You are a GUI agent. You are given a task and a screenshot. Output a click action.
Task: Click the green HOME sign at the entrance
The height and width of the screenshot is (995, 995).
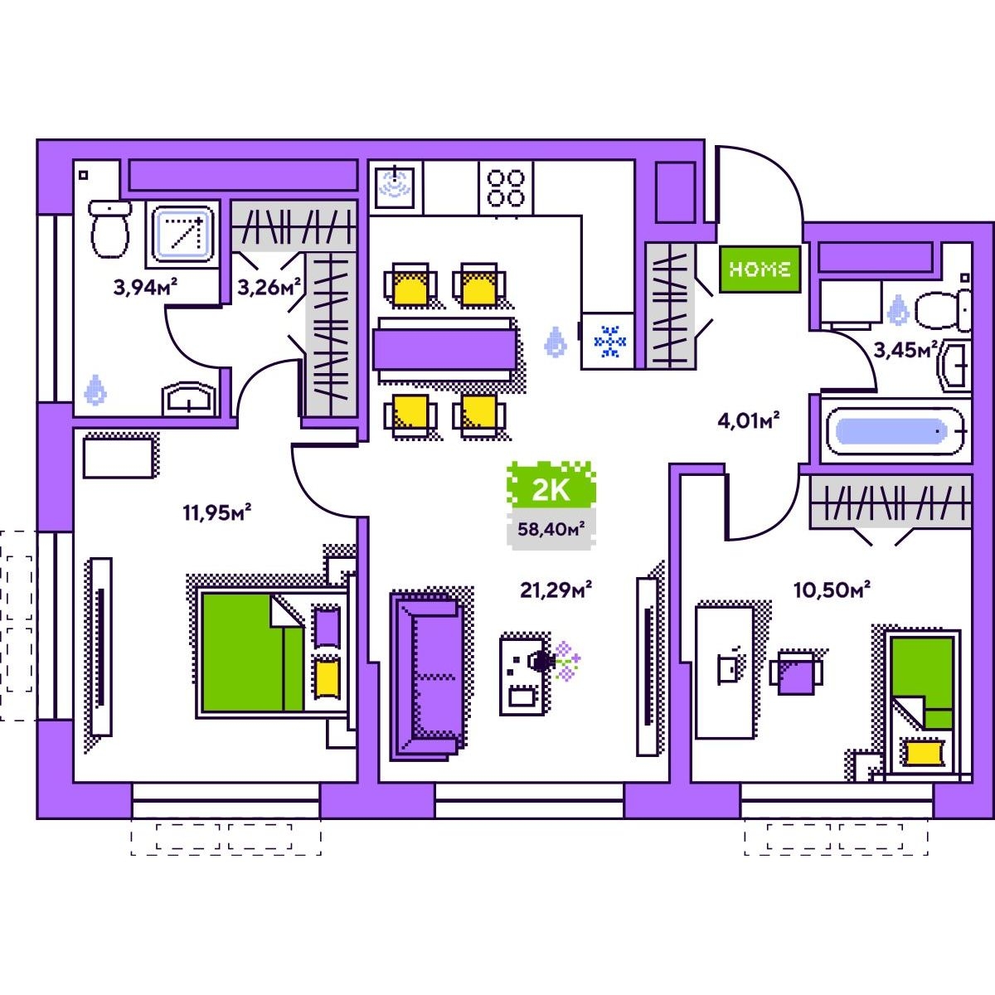point(760,269)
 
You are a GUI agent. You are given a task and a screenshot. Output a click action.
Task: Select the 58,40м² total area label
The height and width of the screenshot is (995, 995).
point(551,529)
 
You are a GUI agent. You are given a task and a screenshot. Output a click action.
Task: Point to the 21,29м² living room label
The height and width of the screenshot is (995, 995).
point(556,590)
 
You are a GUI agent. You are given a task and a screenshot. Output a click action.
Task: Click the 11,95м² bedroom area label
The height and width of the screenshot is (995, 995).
point(217,512)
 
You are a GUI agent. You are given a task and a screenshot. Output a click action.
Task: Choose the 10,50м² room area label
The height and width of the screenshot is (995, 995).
point(832,590)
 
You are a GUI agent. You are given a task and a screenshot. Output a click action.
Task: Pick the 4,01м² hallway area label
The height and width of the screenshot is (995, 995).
point(748,420)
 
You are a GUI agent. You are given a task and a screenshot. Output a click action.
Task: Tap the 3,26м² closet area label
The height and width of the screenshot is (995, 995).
point(269,287)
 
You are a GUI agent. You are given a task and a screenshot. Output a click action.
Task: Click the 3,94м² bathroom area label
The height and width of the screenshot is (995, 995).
point(146,287)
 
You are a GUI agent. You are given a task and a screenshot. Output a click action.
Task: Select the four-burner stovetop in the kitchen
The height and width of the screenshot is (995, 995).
point(506,188)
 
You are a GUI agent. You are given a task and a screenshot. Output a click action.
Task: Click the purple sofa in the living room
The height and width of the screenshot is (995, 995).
point(426,677)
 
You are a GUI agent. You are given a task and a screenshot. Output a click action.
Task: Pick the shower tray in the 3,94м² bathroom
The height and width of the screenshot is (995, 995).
point(184,233)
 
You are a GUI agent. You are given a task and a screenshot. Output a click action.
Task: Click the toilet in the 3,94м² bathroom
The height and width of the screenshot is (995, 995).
point(109,229)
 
